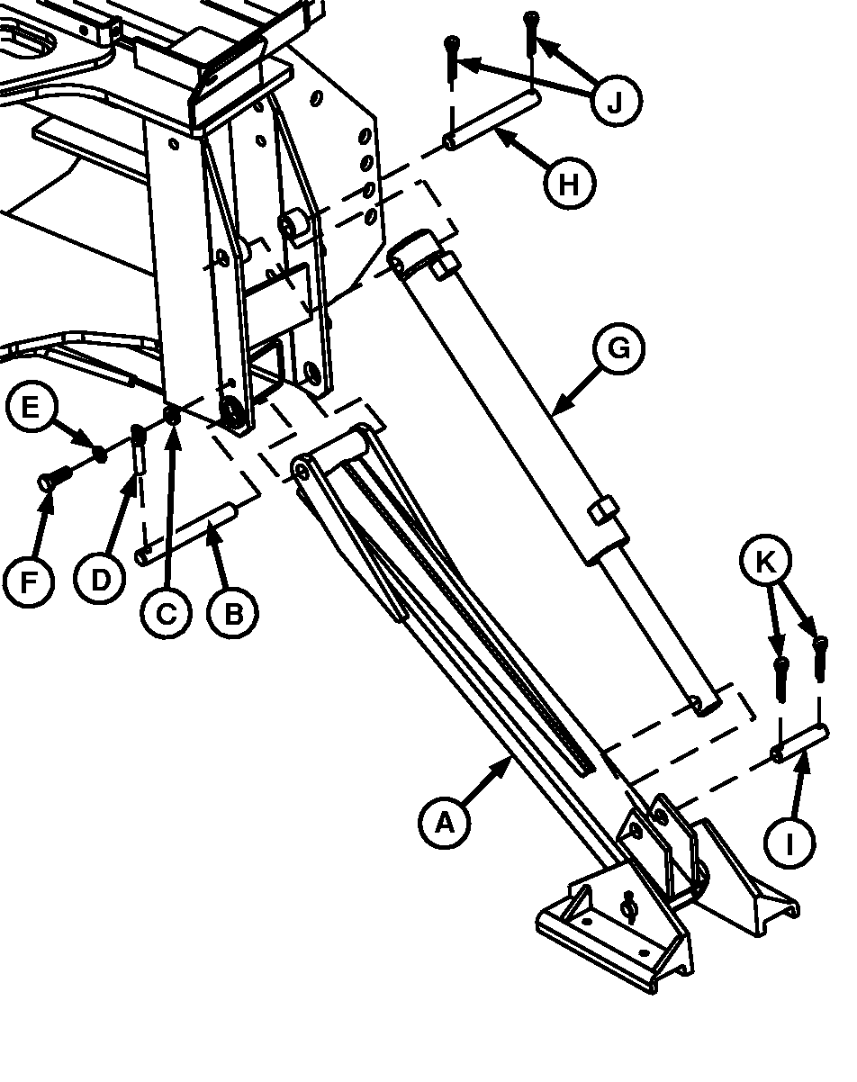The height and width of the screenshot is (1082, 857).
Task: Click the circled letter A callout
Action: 445,823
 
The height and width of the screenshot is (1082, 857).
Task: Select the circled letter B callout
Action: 233,613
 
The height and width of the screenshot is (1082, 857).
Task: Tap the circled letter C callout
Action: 166,613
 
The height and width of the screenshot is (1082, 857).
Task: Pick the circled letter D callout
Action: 100,581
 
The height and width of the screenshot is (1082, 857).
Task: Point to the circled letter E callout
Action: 32,406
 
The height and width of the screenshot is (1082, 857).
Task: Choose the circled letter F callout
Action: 28,582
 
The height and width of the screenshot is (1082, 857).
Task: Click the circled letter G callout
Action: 619,348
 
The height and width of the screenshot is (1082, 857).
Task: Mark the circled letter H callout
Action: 569,183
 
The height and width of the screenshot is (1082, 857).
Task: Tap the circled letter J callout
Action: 616,101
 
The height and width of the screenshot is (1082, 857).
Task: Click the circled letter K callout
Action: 765,561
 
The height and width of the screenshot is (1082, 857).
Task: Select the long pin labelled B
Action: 185,534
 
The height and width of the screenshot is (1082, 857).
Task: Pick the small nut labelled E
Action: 101,454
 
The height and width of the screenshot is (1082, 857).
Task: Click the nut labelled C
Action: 173,415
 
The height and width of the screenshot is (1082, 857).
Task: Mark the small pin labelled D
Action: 138,448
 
